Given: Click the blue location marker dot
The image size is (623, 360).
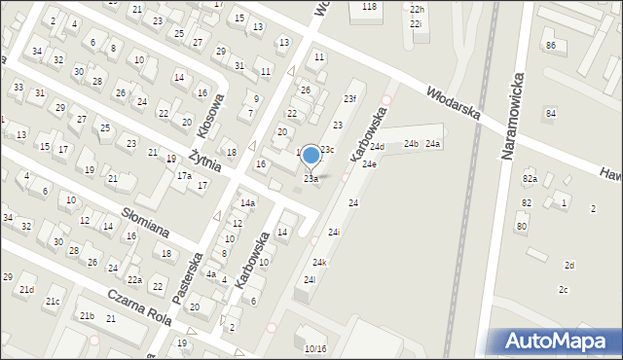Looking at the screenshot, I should [311, 155].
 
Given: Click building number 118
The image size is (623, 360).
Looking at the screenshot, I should [369, 7].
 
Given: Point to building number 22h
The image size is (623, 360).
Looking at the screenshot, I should [417, 9].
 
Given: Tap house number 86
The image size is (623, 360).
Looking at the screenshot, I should [550, 46].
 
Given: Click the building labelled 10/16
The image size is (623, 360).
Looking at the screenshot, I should [315, 348].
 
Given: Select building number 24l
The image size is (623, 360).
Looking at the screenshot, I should [310, 280].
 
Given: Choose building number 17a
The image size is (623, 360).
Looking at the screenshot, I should [184, 176].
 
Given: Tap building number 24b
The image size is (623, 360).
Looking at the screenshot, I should [412, 144].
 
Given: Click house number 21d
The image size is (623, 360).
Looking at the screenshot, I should [26, 290].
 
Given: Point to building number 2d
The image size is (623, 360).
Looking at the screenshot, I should [569, 265].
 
